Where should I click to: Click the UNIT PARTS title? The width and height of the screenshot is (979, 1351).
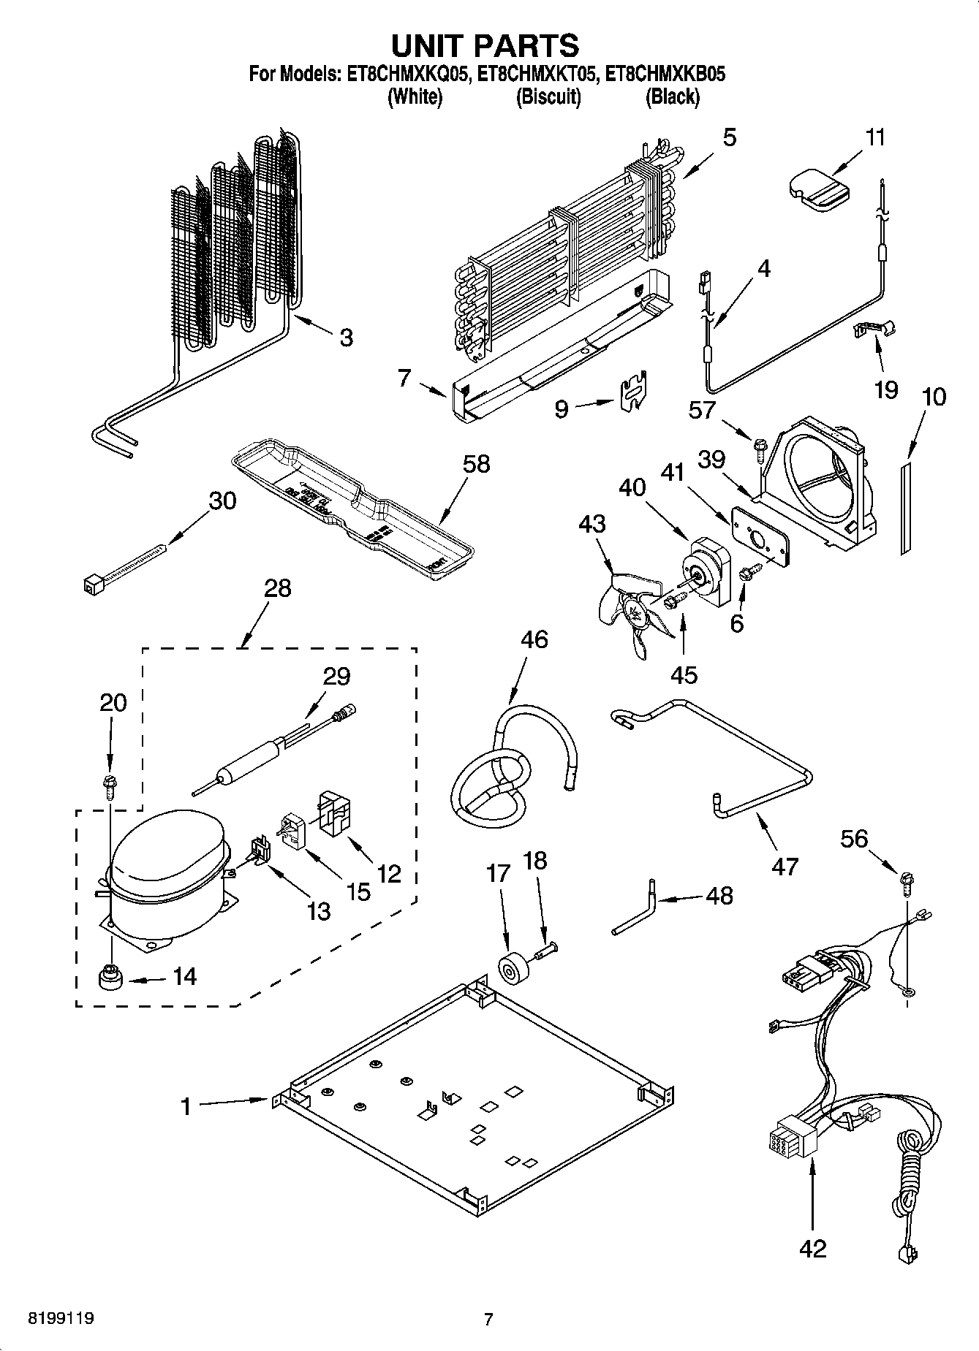point(485,46)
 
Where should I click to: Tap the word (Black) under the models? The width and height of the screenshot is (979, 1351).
point(672,96)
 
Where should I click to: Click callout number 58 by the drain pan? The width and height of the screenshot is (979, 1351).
point(476,464)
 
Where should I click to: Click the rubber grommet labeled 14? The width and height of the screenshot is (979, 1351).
point(110,976)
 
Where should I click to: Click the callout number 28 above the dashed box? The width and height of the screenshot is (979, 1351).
point(278,587)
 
